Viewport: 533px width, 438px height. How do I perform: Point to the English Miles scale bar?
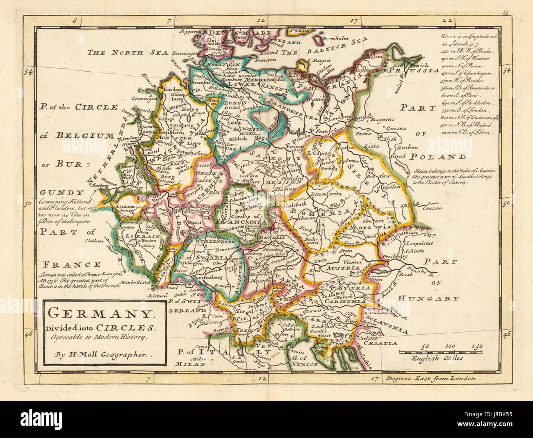coord(440,352)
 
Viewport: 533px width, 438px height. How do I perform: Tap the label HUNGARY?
coord(429,298)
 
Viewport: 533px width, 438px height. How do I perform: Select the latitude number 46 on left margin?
coord(28,334)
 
